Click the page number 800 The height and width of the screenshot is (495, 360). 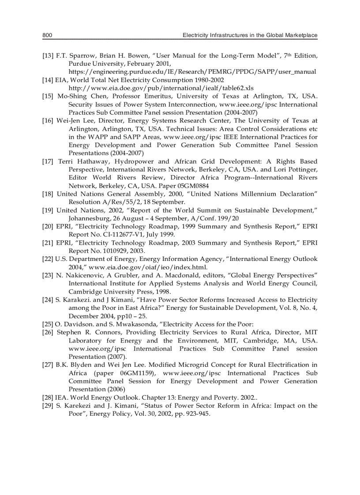tap(48, 35)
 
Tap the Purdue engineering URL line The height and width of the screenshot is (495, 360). tap(192, 72)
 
